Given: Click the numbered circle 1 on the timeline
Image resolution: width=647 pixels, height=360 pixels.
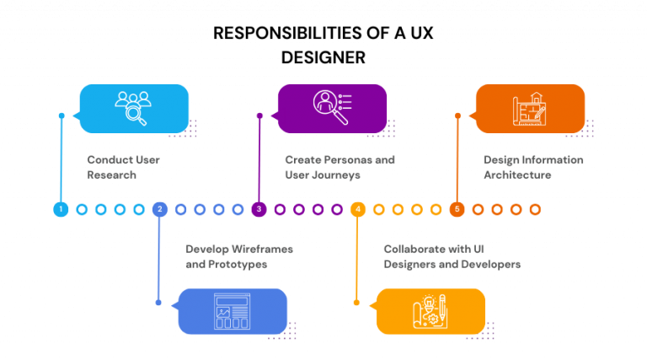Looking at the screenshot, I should pyautogui.click(x=61, y=209).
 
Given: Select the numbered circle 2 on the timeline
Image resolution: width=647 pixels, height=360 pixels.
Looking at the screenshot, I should pyautogui.click(x=159, y=209).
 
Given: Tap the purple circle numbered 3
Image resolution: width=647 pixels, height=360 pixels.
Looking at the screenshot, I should pyautogui.click(x=259, y=209).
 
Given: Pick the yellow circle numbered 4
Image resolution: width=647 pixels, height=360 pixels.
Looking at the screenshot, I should pyautogui.click(x=358, y=209).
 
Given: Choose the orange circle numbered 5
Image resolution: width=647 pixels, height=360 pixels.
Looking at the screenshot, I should pyautogui.click(x=457, y=209).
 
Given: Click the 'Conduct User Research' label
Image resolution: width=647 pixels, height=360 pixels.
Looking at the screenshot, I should pyautogui.click(x=123, y=167).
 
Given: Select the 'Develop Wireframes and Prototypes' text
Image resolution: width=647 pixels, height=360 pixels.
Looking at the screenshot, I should pyautogui.click(x=239, y=256).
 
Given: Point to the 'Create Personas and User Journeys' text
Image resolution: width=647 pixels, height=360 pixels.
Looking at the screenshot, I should pyautogui.click(x=340, y=167).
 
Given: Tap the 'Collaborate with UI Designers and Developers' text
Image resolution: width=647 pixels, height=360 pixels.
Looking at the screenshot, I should pyautogui.click(x=452, y=256).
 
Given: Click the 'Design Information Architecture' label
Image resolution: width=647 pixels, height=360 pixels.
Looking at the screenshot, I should pyautogui.click(x=533, y=167).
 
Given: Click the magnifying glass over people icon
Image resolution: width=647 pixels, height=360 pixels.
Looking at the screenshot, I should pyautogui.click(x=133, y=108).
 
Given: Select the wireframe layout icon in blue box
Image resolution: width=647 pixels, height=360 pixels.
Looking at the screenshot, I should pyautogui.click(x=232, y=311).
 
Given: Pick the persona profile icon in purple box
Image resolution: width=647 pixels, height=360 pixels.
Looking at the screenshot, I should pyautogui.click(x=332, y=107).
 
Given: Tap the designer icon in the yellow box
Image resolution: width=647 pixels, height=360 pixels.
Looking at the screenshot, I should pyautogui.click(x=430, y=311).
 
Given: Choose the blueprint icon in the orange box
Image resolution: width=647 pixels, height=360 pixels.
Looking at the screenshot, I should pyautogui.click(x=530, y=108).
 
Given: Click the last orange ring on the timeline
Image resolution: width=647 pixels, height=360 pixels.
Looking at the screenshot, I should pyautogui.click(x=535, y=209).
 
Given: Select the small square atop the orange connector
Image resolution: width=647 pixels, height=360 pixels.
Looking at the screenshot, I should pyautogui.click(x=457, y=116).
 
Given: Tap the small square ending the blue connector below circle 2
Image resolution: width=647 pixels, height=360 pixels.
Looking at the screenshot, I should pyautogui.click(x=158, y=303).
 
